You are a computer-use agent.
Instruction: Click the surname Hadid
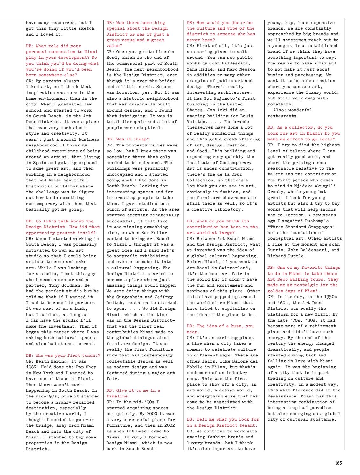208,69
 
